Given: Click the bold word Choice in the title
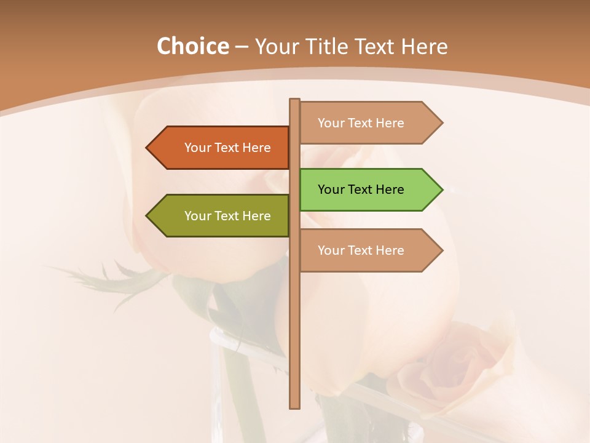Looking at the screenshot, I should pyautogui.click(x=192, y=47).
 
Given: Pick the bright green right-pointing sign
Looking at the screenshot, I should pyautogui.click(x=369, y=190).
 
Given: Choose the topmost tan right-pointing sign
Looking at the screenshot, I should pyautogui.click(x=369, y=123).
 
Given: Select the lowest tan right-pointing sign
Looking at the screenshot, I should pyautogui.click(x=369, y=250).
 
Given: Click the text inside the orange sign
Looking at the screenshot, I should pyautogui.click(x=227, y=148).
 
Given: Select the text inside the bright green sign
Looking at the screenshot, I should pyautogui.click(x=361, y=190).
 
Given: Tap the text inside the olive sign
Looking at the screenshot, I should pyautogui.click(x=227, y=216).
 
